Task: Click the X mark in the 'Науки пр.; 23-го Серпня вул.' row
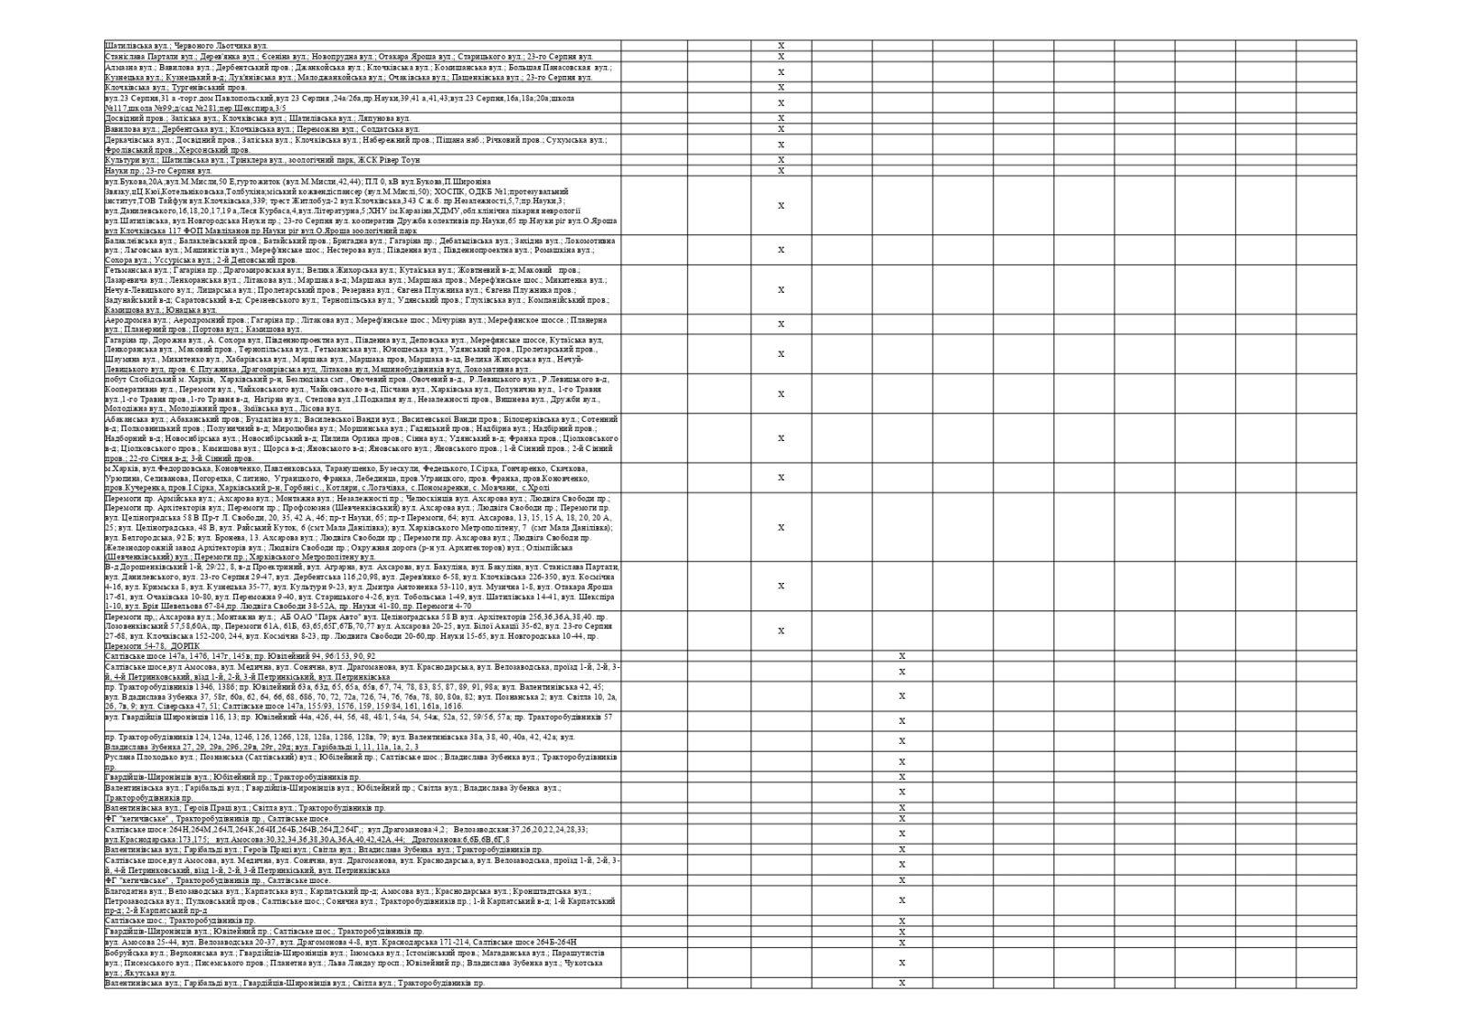point(780,171)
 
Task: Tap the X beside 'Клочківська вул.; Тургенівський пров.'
point(780,88)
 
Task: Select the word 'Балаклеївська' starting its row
point(128,241)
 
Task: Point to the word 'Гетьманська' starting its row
point(126,271)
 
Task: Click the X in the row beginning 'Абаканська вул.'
point(780,439)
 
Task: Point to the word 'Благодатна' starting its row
point(124,890)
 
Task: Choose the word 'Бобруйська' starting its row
point(125,953)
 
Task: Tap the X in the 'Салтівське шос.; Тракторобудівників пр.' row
point(901,921)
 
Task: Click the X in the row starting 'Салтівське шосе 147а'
point(901,656)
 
